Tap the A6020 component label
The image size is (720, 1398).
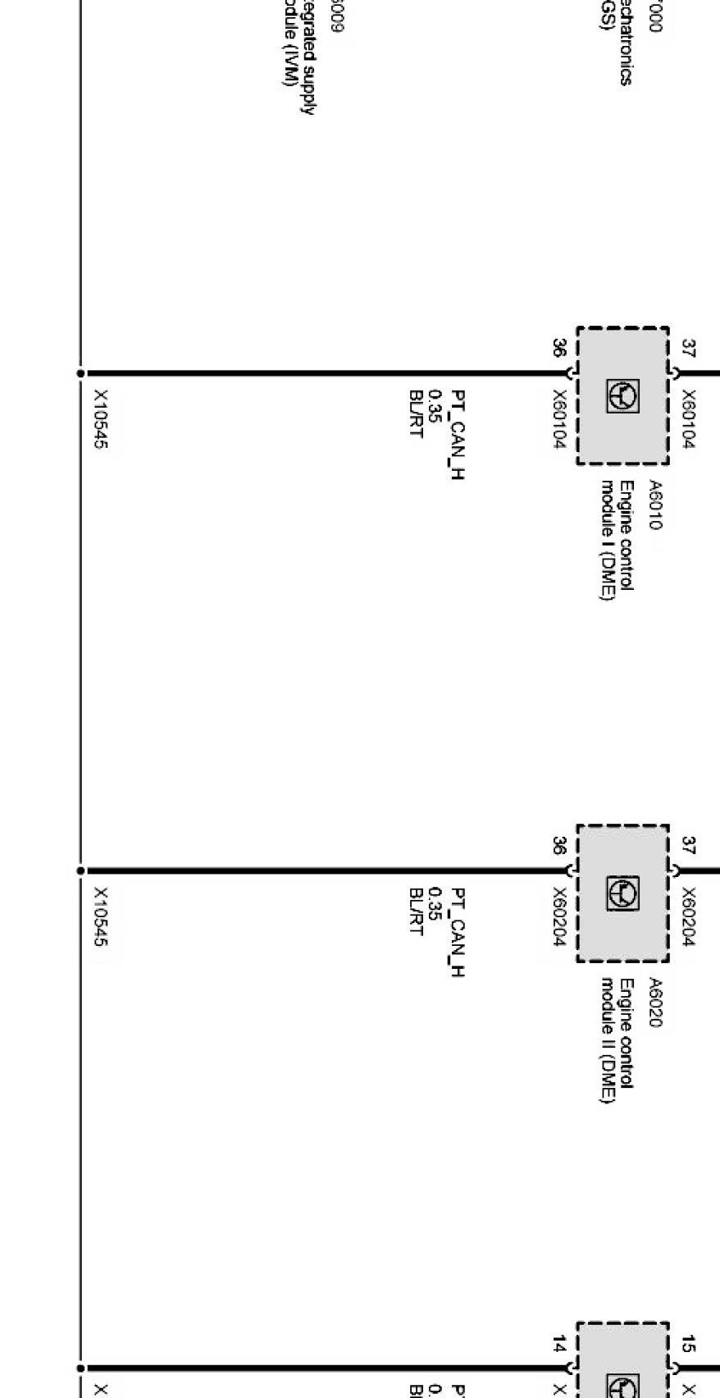654,1002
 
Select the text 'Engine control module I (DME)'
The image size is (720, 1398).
617,541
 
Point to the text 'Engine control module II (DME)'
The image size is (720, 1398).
617,1041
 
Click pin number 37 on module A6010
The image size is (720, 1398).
689,349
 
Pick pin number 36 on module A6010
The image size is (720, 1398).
558,349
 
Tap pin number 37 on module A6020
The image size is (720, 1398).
689,846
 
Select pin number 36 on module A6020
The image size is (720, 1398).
558,846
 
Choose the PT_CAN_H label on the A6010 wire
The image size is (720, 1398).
458,434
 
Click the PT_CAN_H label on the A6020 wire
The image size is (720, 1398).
458,932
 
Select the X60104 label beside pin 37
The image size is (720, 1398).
689,419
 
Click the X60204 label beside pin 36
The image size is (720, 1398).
559,917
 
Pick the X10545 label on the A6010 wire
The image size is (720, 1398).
100,419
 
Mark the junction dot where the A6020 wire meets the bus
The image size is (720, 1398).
80,870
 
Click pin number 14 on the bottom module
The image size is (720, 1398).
558,1344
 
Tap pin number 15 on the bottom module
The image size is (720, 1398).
689,1344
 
